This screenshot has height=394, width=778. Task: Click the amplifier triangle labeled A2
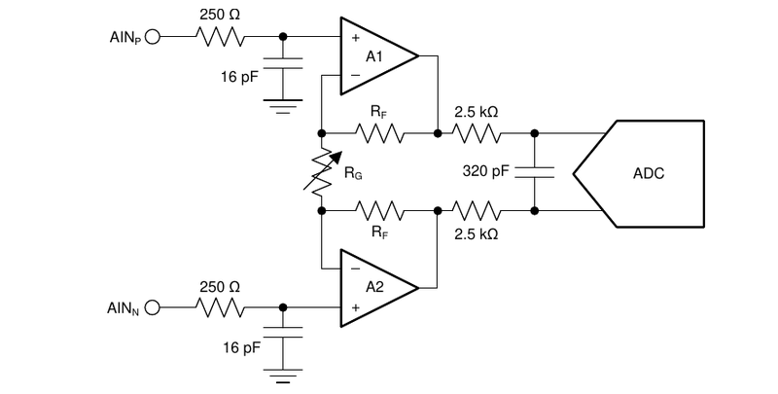tap(374, 287)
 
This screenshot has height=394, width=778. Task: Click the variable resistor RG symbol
tap(321, 170)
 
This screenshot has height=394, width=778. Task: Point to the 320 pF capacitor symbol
tap(535, 172)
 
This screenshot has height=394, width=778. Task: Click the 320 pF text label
tap(485, 172)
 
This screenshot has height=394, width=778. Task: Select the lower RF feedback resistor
tap(379, 209)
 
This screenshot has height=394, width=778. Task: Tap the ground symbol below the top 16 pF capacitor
tap(283, 108)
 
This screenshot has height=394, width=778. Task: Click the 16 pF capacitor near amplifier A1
tap(283, 73)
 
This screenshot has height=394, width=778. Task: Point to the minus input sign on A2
tap(355, 269)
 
